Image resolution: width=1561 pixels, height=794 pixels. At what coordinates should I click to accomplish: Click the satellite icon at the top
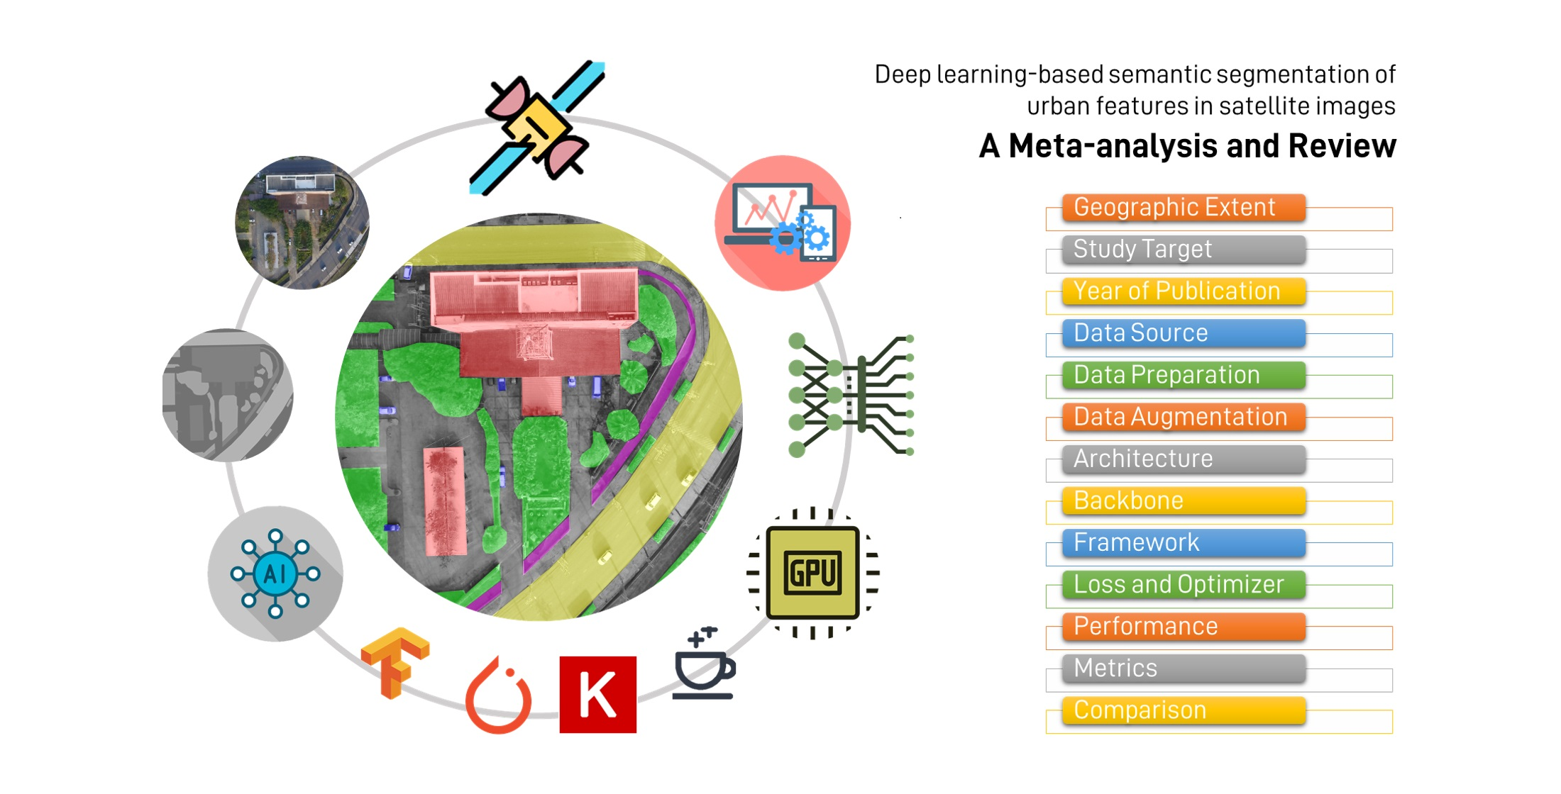[x=537, y=128]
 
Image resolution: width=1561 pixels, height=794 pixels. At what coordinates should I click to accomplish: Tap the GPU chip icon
[x=813, y=573]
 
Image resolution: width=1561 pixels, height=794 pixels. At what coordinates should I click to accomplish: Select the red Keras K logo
[x=597, y=695]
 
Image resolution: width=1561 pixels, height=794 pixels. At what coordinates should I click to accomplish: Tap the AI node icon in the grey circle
[x=275, y=573]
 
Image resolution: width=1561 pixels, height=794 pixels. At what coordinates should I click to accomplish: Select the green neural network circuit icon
[x=850, y=396]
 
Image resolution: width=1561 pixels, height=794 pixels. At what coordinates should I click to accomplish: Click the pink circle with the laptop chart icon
[x=782, y=223]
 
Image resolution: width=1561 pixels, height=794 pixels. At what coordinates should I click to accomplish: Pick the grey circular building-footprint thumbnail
[x=228, y=395]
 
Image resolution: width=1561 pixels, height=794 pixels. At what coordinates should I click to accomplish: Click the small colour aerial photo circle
[x=302, y=223]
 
